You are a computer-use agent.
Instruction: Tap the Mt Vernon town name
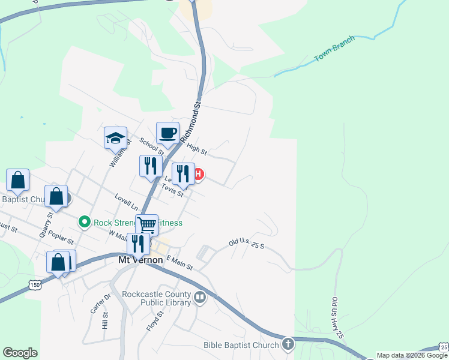coord(140,260)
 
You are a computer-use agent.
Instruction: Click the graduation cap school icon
coord(115,139)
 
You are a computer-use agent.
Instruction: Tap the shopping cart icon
coord(146,226)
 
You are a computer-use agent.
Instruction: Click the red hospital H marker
coord(199,175)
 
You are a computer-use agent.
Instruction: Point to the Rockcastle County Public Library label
coord(155,298)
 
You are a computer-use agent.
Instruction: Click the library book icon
coord(200,297)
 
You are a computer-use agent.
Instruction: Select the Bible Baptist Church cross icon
coord(288,344)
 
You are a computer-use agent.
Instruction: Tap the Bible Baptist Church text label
coord(240,345)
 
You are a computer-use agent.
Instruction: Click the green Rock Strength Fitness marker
coord(85,222)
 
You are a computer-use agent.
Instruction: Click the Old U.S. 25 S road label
coord(246,244)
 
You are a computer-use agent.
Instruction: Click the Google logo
coord(20,353)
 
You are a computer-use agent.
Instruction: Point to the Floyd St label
coord(155,321)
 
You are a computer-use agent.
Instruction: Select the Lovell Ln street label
coord(127,202)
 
